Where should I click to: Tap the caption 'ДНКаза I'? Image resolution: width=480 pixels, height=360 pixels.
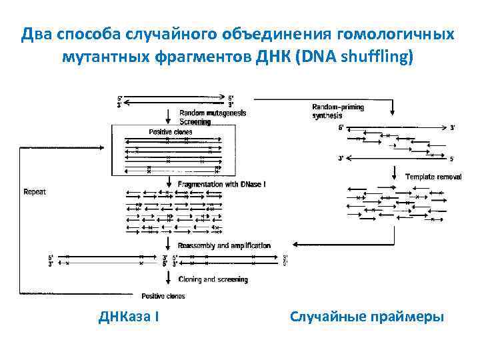pyautogui.click(x=128, y=315)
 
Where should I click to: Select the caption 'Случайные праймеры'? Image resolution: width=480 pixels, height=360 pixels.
pyautogui.click(x=367, y=315)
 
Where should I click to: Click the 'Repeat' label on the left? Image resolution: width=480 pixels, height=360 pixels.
pyautogui.click(x=35, y=192)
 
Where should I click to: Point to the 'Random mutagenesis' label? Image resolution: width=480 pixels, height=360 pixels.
pyautogui.click(x=213, y=113)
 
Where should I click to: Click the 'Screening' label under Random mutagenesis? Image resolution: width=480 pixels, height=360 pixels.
pyautogui.click(x=195, y=122)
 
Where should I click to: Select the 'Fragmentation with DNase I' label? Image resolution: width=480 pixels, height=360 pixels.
pyautogui.click(x=221, y=183)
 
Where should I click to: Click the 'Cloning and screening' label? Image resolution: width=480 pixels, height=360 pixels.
pyautogui.click(x=213, y=279)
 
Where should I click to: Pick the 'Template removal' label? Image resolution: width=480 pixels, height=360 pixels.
pyautogui.click(x=433, y=177)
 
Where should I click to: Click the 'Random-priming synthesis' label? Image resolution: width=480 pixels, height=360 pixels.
pyautogui.click(x=338, y=111)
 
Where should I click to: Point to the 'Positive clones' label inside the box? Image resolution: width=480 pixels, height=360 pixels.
pyautogui.click(x=170, y=132)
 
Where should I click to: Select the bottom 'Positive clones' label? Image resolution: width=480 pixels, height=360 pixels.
pyautogui.click(x=163, y=296)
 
